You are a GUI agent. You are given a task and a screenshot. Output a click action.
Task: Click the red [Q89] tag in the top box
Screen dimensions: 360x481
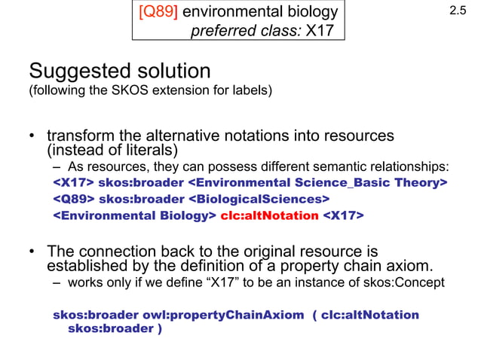pyautogui.click(x=155, y=13)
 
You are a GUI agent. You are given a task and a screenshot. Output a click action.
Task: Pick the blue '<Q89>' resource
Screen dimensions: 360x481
pyautogui.click(x=73, y=200)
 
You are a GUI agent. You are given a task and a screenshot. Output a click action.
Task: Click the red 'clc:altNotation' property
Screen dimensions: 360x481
pyautogui.click(x=269, y=216)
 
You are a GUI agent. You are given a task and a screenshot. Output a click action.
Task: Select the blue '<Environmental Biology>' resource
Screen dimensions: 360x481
pyautogui.click(x=135, y=216)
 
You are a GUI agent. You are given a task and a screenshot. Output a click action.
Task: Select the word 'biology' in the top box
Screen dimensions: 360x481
pyautogui.click(x=307, y=13)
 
